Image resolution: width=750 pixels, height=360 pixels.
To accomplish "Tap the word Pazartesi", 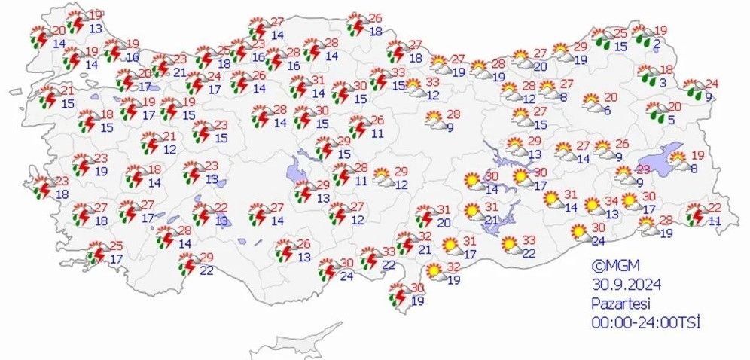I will tap(620, 303).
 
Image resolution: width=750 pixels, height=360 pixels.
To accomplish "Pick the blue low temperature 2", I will tap(657, 45).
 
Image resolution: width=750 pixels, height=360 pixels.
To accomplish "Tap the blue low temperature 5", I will tap(669, 119).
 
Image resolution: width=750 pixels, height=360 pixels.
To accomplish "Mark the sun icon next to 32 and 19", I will tap(435, 270).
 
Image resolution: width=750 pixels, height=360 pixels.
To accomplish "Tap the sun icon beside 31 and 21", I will tap(473, 211).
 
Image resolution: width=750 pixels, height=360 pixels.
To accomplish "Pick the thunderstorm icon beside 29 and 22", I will tap(187, 263).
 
